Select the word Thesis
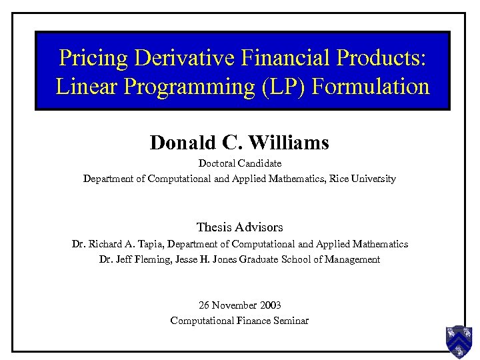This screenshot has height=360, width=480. pyautogui.click(x=213, y=227)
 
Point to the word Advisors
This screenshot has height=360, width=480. pyautogui.click(x=258, y=227)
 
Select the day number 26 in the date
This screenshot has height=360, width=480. pyautogui.click(x=204, y=305)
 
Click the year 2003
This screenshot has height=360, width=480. pyautogui.click(x=269, y=305)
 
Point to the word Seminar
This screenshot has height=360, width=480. pyautogui.click(x=291, y=321)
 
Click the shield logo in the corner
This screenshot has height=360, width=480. pyautogui.click(x=459, y=341)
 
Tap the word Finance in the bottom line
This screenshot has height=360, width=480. pyautogui.click(x=251, y=321)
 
